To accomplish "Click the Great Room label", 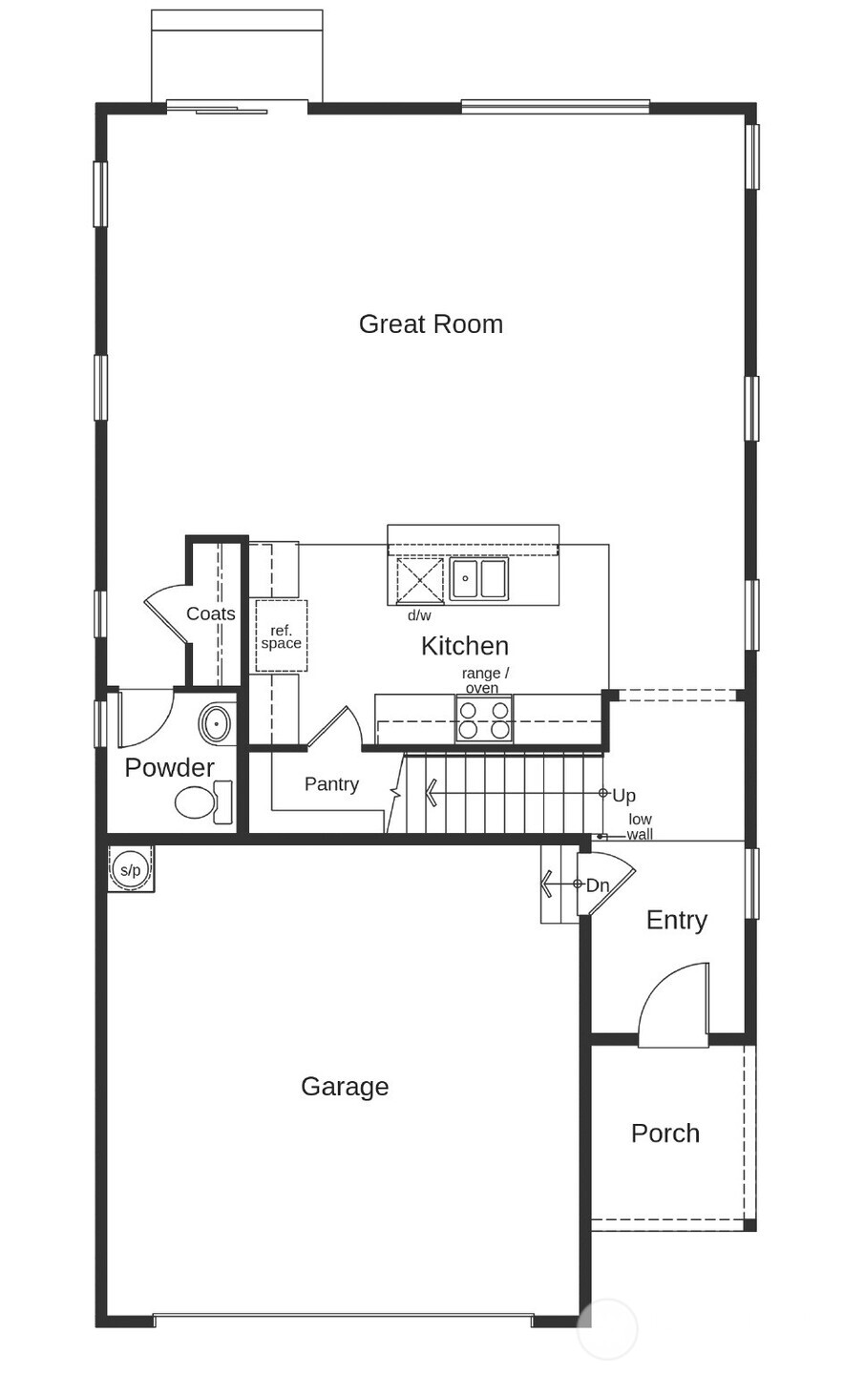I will (431, 324).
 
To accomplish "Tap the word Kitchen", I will (465, 646).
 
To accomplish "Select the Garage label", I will (345, 1087).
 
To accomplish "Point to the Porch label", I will (665, 1134).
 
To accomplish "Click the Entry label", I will (677, 920).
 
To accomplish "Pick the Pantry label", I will (331, 784).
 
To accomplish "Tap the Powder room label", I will (169, 767).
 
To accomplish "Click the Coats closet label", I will (211, 614).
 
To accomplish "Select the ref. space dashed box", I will (282, 636).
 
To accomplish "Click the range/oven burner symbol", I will (484, 719).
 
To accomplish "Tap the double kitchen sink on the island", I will (479, 578).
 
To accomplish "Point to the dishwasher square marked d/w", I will (420, 580).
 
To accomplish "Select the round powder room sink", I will (217, 724).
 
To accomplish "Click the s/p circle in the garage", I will (130, 869).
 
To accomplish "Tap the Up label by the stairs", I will (623, 796).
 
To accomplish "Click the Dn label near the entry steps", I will (598, 885).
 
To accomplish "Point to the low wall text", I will (640, 827).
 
